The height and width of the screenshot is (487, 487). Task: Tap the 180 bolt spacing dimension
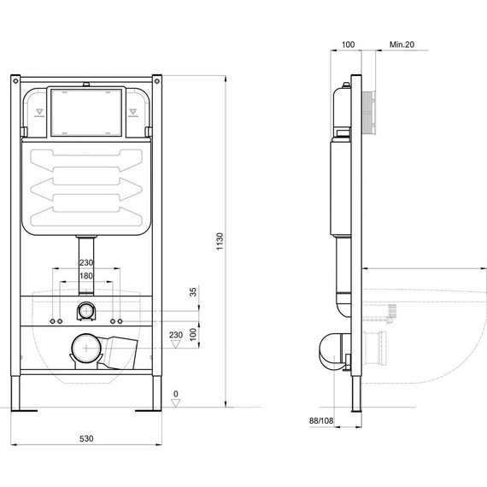pos(86,276)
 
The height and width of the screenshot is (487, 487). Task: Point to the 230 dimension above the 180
pos(86,264)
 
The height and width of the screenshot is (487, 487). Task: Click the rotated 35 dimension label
pos(194,292)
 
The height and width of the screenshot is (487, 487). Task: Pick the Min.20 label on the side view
pos(402,43)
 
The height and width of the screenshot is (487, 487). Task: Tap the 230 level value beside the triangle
pos(177,335)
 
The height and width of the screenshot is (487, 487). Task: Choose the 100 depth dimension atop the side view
pos(347,43)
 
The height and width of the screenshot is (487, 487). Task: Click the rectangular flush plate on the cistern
pos(86,112)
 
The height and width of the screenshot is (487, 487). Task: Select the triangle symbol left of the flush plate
pos(39,112)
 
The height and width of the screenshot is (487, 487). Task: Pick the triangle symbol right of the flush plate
pos(133,112)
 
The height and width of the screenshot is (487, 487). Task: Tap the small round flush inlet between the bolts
pos(86,309)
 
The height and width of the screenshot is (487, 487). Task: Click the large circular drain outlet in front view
pos(84,348)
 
